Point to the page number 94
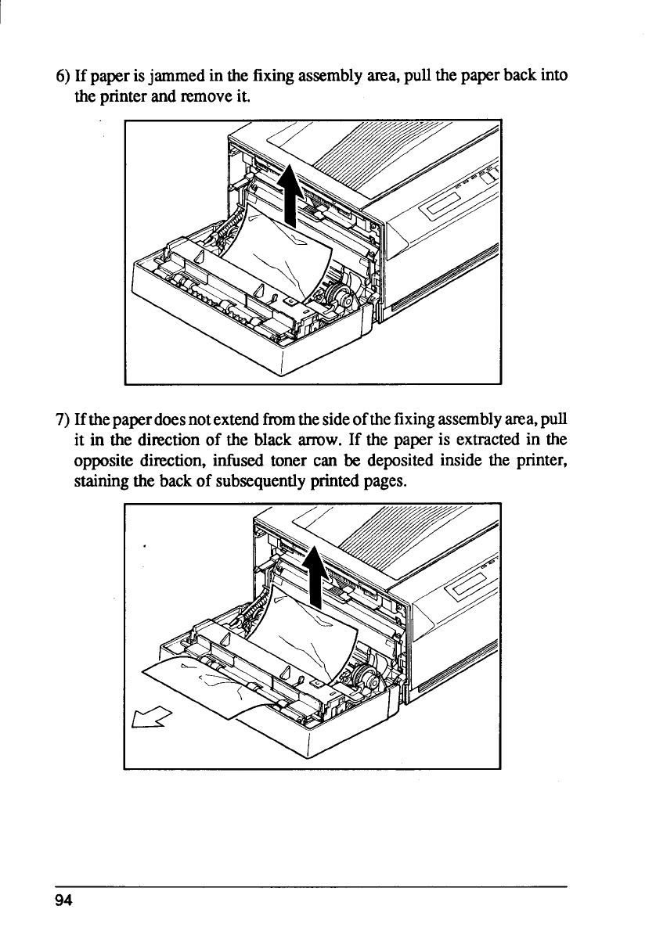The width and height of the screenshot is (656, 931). pos(63,900)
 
